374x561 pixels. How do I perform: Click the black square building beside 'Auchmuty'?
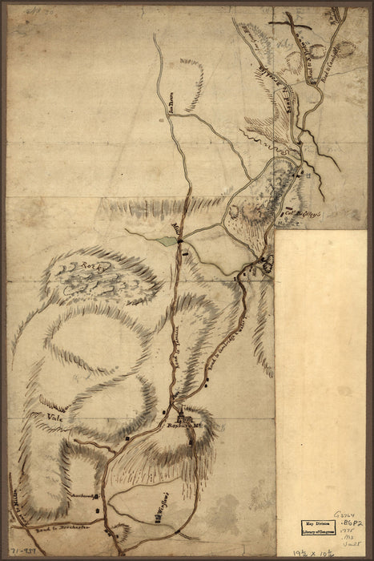tap(98, 498)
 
